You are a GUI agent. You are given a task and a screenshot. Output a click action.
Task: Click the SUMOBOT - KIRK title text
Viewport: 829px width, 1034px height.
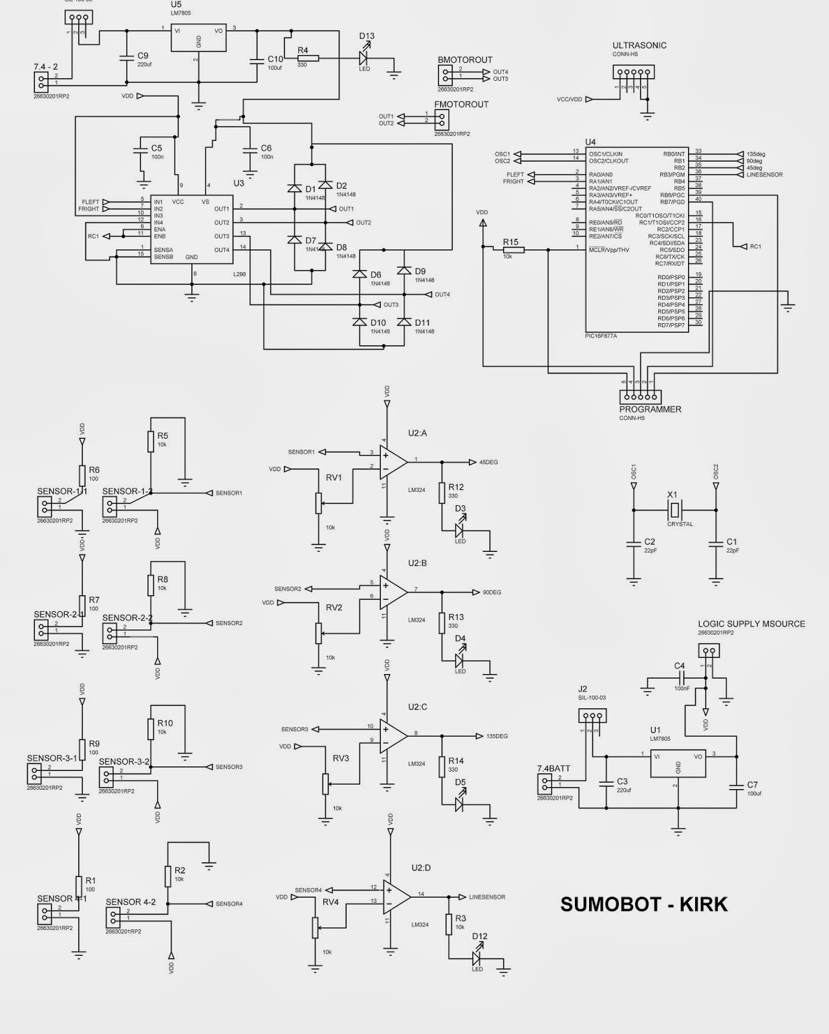(643, 904)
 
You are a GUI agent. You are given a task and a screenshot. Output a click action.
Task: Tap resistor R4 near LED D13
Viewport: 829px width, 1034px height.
(308, 58)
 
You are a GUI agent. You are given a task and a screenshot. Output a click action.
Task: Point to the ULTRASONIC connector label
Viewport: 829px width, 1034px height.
(639, 46)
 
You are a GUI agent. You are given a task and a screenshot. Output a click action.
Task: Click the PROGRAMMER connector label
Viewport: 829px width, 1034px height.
(650, 409)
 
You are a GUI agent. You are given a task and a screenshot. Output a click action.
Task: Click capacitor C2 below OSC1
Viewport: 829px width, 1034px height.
(634, 545)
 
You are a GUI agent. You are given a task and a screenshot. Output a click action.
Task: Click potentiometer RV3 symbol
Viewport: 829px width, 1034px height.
(325, 783)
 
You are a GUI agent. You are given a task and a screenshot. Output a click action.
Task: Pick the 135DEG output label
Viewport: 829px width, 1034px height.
(497, 736)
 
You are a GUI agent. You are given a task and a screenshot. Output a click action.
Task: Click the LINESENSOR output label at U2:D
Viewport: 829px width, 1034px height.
(486, 897)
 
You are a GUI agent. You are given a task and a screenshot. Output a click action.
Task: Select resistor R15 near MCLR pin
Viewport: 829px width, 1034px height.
(511, 249)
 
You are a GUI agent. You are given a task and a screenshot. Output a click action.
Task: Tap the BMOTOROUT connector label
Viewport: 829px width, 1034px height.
(464, 60)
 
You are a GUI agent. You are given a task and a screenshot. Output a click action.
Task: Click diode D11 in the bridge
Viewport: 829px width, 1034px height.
(405, 321)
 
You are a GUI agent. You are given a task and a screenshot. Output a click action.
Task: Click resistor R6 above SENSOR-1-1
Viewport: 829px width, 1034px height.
(82, 476)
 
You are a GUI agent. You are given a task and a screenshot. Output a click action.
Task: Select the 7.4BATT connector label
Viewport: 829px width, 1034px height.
(554, 768)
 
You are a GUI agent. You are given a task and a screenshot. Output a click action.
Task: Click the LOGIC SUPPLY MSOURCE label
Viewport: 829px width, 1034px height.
(751, 624)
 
